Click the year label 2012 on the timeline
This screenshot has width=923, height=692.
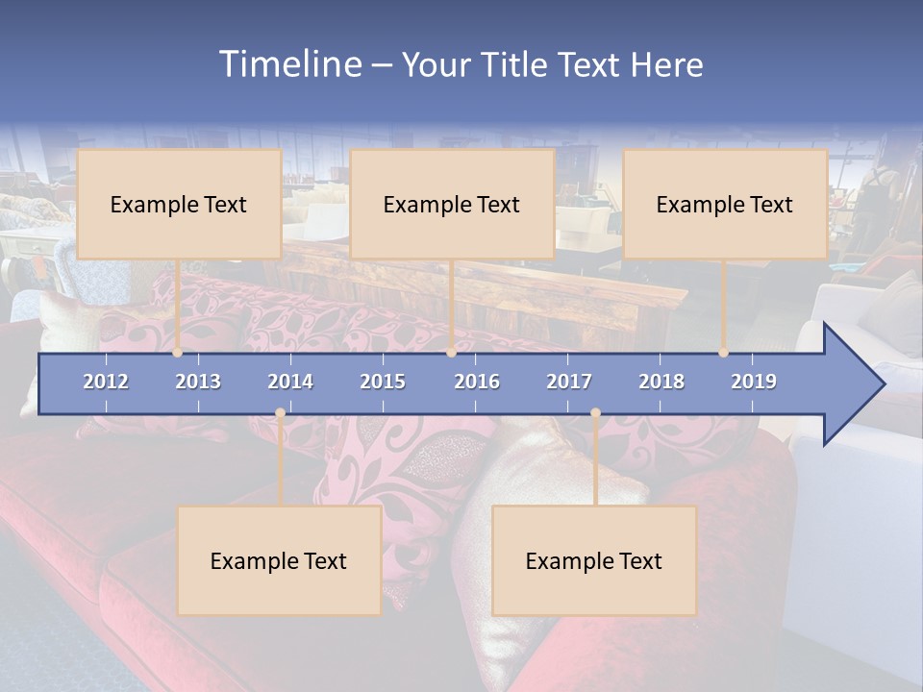click(106, 382)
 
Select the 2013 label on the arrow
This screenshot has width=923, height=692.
click(198, 382)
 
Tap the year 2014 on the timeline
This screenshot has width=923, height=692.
click(290, 382)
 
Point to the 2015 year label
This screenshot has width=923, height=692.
click(383, 382)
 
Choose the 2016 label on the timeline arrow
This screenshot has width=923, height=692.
click(477, 382)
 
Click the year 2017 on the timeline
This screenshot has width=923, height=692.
click(569, 382)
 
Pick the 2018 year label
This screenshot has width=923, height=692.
click(661, 382)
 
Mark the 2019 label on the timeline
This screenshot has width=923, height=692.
click(754, 382)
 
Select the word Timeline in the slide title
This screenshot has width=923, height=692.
click(290, 64)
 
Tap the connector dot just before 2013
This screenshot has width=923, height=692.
click(178, 353)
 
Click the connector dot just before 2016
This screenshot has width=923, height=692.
click(451, 353)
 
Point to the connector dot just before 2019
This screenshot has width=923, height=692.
click(724, 353)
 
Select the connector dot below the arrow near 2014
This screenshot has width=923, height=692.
click(280, 413)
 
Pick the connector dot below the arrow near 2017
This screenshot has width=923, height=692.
click(595, 413)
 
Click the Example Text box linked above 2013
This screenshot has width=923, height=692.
click(179, 204)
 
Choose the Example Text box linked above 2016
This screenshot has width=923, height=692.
click(452, 204)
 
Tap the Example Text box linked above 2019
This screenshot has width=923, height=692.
click(725, 204)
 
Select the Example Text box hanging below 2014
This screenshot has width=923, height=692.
click(279, 560)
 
